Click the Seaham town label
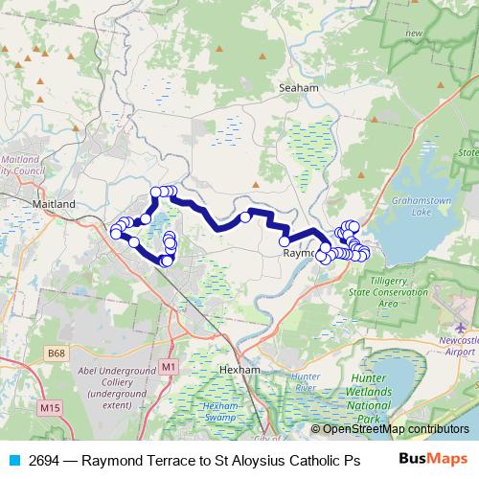click(297, 86)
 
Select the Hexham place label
click(239, 369)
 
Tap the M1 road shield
click(170, 366)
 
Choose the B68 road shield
click(57, 354)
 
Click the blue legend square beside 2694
click(13, 459)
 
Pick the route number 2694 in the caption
click(45, 459)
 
